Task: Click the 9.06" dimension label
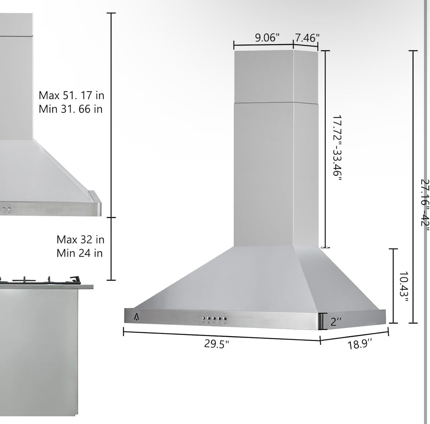[267, 37]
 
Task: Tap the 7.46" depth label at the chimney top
[307, 37]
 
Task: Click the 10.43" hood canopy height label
[404, 286]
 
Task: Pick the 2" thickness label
[336, 322]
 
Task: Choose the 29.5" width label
[217, 344]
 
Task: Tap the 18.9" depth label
[360, 344]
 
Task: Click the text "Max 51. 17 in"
[71, 95]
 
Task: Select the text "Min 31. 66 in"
[70, 109]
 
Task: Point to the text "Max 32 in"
[80, 240]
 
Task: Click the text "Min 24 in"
[79, 253]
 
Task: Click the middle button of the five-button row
[214, 319]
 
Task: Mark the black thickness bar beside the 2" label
[321, 322]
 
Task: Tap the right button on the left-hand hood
[9, 209]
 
